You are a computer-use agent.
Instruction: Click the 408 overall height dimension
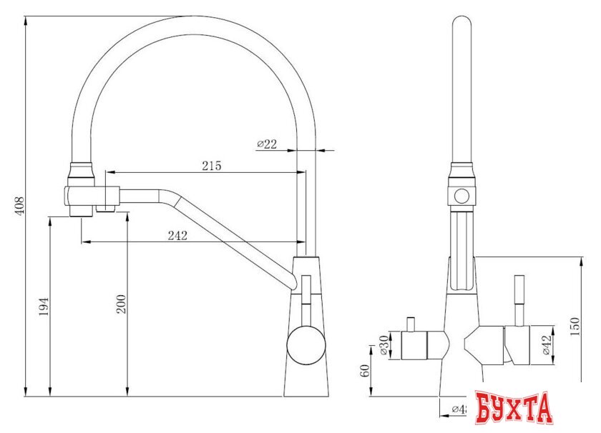click(x=20, y=206)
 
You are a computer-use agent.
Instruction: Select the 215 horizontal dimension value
click(x=211, y=166)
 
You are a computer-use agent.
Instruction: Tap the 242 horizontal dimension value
click(x=177, y=236)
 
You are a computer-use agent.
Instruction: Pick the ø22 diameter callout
click(x=266, y=144)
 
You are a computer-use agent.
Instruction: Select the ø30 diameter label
click(x=384, y=347)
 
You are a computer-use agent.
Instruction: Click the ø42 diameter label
click(x=547, y=347)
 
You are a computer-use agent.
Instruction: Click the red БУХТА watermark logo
click(x=514, y=408)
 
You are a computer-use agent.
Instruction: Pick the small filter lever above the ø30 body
click(x=411, y=324)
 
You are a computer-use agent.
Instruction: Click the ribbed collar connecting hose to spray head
click(x=81, y=172)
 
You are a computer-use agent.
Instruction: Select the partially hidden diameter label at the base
click(x=458, y=409)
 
